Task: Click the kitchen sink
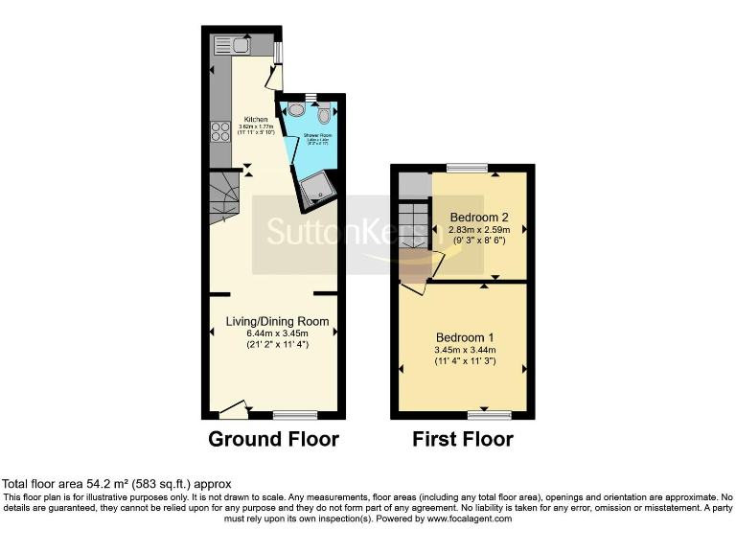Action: pyautogui.click(x=231, y=45)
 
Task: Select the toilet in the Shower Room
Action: pyautogui.click(x=325, y=115)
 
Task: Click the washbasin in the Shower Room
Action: pyautogui.click(x=295, y=110)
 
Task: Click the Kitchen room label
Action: pyautogui.click(x=256, y=119)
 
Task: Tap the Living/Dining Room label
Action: pyautogui.click(x=277, y=321)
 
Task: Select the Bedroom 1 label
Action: pyautogui.click(x=465, y=337)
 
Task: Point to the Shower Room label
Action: pyautogui.click(x=317, y=136)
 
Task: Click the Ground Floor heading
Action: pyautogui.click(x=274, y=440)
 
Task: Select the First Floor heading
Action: pyautogui.click(x=463, y=440)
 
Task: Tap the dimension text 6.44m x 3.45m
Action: pyautogui.click(x=277, y=333)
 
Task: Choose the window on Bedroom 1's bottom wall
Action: pyautogui.click(x=489, y=415)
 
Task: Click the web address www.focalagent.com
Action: pyautogui.click(x=471, y=518)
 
